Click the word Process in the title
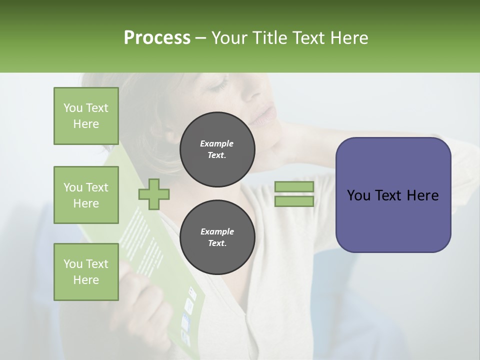(157, 38)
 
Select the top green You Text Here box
(86, 116)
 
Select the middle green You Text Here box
(86, 195)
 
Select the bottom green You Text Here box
(86, 272)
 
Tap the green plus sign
(154, 194)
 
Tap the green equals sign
(294, 194)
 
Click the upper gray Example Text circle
(217, 149)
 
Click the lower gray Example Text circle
(217, 237)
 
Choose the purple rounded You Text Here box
(393, 195)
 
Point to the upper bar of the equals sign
(294, 187)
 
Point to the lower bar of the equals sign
(294, 201)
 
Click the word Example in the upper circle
(217, 143)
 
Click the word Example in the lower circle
(217, 231)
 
